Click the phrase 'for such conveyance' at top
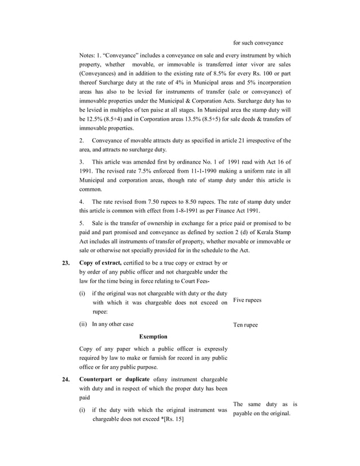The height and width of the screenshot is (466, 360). (258, 43)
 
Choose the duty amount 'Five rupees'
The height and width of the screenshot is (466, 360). (247, 300)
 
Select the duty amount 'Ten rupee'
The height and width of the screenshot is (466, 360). (245, 325)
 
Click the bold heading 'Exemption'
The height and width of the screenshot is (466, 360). (153, 337)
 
